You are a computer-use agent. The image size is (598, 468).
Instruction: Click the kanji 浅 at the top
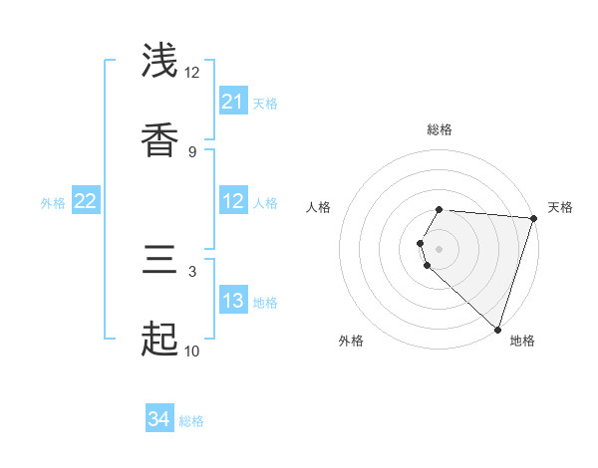(x=159, y=62)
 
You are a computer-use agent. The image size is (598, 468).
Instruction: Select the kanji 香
(x=159, y=138)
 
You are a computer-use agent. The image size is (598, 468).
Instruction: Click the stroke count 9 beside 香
(x=192, y=151)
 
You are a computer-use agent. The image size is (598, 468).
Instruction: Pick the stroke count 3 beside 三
(x=192, y=271)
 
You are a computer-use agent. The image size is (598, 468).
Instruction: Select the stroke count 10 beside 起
(x=192, y=351)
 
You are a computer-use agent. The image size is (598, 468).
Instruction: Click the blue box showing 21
(x=232, y=102)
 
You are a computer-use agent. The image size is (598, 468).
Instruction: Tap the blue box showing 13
(x=232, y=301)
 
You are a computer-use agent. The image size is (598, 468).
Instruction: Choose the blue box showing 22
(x=85, y=201)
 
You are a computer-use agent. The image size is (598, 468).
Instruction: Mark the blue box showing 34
(x=158, y=420)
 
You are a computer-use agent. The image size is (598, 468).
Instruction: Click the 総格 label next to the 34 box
(x=191, y=421)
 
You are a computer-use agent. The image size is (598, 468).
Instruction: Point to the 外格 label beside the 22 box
(x=53, y=202)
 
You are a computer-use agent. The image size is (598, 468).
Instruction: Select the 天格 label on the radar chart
(x=560, y=207)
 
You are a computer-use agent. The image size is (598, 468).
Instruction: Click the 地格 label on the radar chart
(x=522, y=341)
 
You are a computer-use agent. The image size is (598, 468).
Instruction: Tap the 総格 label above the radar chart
(x=440, y=129)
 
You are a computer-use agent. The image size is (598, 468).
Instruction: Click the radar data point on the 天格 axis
(x=532, y=218)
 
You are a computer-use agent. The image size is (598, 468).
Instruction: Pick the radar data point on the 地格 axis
(x=497, y=329)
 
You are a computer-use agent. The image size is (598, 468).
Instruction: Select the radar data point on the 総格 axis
(x=440, y=210)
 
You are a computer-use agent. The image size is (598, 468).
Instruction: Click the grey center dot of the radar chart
(x=440, y=249)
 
